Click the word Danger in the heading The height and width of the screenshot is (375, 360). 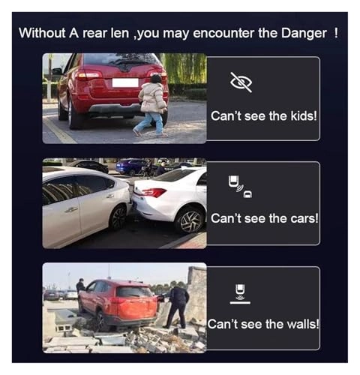[304, 34]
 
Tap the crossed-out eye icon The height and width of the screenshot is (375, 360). [241, 82]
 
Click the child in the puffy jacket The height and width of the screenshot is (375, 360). [152, 105]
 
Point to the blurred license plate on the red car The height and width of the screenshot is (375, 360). [125, 82]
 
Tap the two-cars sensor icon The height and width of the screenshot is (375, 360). [240, 187]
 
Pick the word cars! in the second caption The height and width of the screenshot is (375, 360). [304, 218]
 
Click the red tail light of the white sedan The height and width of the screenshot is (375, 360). [152, 192]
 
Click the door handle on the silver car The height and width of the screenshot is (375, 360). [71, 209]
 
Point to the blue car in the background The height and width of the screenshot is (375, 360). [130, 166]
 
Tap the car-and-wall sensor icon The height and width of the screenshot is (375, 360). [240, 294]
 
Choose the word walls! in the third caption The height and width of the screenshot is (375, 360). [303, 324]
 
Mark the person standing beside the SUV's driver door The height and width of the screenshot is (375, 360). [80, 286]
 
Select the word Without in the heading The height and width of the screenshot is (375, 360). [42, 33]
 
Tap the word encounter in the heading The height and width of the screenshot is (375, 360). [223, 34]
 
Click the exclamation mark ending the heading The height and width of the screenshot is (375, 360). [336, 33]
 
